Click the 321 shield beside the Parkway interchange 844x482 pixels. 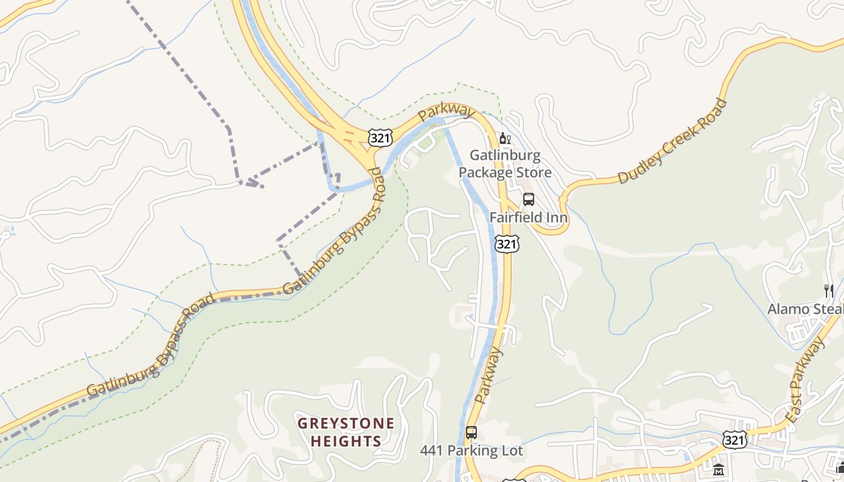click(381, 138)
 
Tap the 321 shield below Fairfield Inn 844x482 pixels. click(506, 243)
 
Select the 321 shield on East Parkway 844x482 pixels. click(735, 440)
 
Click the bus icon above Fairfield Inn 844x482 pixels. click(529, 199)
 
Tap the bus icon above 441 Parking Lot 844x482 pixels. click(471, 433)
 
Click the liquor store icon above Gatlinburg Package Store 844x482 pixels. click(505, 139)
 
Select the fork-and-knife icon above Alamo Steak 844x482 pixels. click(829, 291)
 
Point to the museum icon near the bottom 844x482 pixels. click(718, 469)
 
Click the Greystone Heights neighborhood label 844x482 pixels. click(346, 432)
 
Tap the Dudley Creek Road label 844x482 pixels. click(673, 141)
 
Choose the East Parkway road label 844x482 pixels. click(805, 380)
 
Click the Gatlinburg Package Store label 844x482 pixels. click(505, 164)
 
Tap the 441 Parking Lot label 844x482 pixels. click(471, 451)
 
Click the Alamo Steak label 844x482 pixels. click(805, 309)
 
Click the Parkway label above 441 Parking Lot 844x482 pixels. click(488, 377)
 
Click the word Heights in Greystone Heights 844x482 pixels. click(346, 441)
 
